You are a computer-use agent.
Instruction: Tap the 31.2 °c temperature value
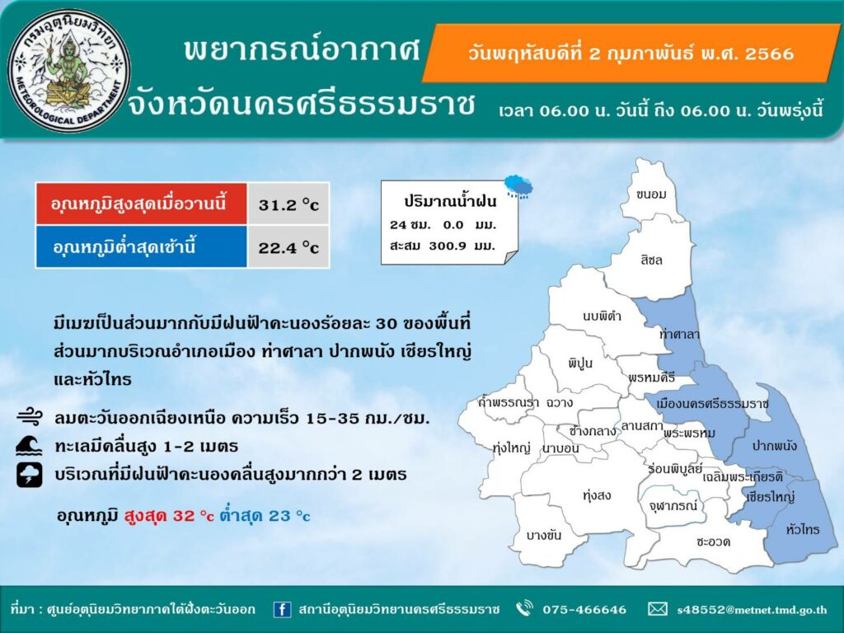288,205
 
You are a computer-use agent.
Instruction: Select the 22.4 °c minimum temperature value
288,247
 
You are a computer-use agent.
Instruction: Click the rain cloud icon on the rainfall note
519,186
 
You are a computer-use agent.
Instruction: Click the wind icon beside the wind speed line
30,417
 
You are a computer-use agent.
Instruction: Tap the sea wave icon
29,446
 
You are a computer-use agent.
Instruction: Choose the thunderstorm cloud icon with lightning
29,475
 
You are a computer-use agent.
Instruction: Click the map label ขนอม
651,195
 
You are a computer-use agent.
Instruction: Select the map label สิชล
651,260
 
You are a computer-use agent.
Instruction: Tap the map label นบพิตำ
602,316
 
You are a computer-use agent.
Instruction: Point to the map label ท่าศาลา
679,335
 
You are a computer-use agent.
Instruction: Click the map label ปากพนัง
775,446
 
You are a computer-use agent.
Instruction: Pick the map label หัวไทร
803,529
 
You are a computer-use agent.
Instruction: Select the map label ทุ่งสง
597,495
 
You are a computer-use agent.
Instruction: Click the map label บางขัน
544,535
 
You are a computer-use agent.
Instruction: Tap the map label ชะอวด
713,542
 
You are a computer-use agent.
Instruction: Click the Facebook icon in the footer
282,609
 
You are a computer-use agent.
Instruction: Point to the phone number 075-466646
584,609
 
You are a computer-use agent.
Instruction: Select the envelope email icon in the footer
657,609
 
